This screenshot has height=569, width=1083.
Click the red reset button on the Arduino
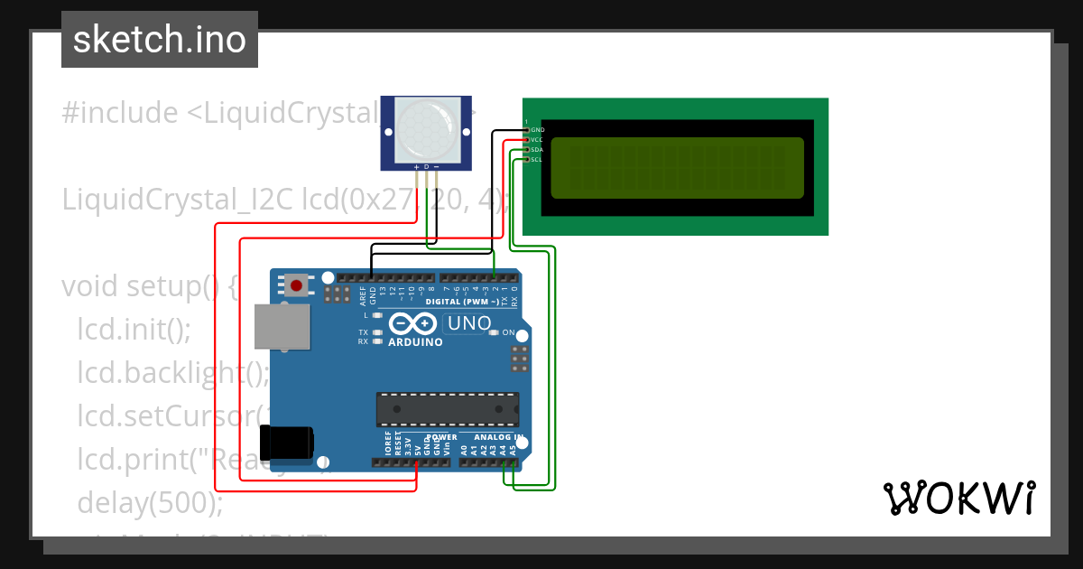[x=296, y=286]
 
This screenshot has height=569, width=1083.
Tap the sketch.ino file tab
[x=160, y=40]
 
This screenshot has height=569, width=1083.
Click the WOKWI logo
[x=958, y=498]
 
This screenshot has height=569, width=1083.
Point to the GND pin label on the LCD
[x=537, y=130]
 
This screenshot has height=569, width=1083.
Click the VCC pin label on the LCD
[x=537, y=140]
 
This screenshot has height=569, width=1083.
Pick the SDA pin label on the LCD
[x=537, y=150]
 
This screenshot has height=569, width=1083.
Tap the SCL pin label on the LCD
[x=537, y=160]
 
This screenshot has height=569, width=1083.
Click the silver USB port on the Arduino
[x=282, y=326]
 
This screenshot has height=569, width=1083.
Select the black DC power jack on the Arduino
[x=286, y=442]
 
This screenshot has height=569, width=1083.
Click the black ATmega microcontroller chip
[x=448, y=409]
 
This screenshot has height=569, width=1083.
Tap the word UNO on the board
[x=469, y=323]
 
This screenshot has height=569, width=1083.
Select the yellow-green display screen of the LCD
[x=677, y=168]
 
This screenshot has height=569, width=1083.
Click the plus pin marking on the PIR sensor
[x=416, y=167]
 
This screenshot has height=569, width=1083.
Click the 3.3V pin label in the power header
[x=408, y=444]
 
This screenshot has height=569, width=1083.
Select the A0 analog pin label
[x=464, y=447]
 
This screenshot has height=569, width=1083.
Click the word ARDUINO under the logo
[x=415, y=342]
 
